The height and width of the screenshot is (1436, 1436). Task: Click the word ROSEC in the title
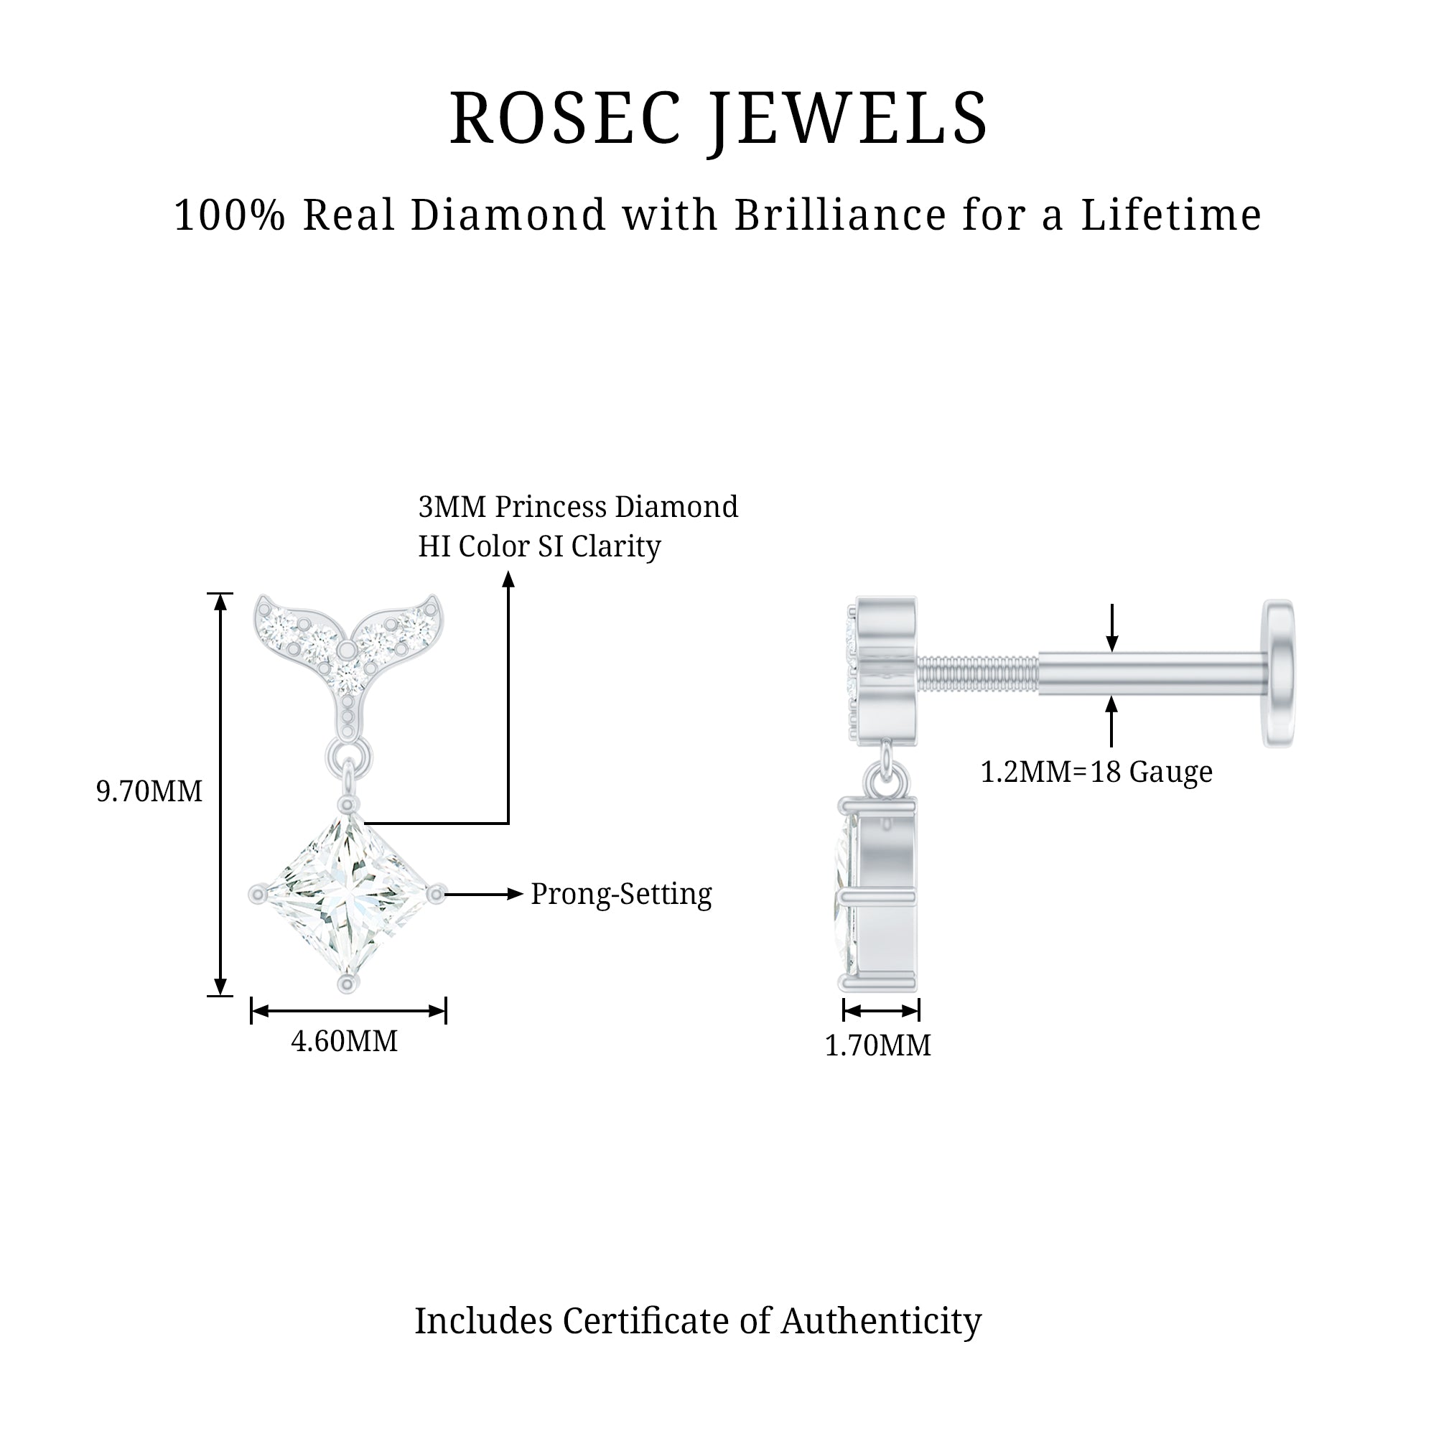[x=566, y=119]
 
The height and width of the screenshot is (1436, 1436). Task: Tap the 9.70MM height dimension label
[x=149, y=791]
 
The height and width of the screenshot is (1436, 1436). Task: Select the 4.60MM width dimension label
[x=344, y=1041]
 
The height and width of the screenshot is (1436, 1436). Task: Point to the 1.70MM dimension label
[x=878, y=1046]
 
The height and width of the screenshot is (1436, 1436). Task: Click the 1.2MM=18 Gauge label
[x=1096, y=773]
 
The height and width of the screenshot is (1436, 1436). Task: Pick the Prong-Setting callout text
[x=621, y=894]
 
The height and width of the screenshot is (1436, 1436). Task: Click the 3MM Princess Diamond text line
[x=578, y=507]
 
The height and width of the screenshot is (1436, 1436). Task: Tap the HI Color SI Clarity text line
[x=540, y=546]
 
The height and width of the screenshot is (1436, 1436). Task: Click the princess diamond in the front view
[x=347, y=895]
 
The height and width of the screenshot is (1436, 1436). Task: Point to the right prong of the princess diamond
[x=437, y=893]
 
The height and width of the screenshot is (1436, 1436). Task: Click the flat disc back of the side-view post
[x=1279, y=673]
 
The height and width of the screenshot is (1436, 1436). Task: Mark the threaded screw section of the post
[x=976, y=673]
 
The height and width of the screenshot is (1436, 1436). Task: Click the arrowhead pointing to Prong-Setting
[x=516, y=894]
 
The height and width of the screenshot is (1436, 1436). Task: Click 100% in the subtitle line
[x=230, y=215]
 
